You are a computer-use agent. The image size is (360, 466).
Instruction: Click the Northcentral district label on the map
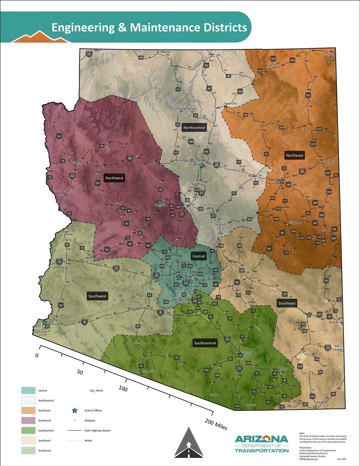(194, 128)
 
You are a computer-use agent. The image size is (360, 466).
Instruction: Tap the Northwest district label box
(114, 178)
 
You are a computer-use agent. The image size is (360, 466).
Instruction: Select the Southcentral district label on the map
(205, 343)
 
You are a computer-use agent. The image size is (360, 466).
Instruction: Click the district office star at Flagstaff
(202, 166)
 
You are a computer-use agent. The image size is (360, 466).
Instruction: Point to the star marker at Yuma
(44, 323)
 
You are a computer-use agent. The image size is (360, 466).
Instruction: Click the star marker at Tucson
(240, 355)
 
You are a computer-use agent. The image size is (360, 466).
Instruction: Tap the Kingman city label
(77, 163)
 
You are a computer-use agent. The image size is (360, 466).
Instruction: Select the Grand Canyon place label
(187, 109)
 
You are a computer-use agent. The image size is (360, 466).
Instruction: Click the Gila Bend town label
(139, 308)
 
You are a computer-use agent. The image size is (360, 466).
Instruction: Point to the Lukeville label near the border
(149, 371)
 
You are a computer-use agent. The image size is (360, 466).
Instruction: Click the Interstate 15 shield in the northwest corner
(89, 54)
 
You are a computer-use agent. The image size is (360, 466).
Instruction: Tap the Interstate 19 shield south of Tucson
(239, 368)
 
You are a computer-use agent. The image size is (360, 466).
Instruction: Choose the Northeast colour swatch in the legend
(28, 410)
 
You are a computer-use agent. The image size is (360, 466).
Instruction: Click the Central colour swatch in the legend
(28, 390)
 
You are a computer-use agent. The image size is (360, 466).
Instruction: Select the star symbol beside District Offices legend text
(74, 410)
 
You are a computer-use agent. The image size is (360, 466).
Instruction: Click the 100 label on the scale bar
(123, 389)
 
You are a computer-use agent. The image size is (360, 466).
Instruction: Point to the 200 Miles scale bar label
(216, 424)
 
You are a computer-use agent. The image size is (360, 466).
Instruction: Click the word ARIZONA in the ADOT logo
(261, 439)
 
